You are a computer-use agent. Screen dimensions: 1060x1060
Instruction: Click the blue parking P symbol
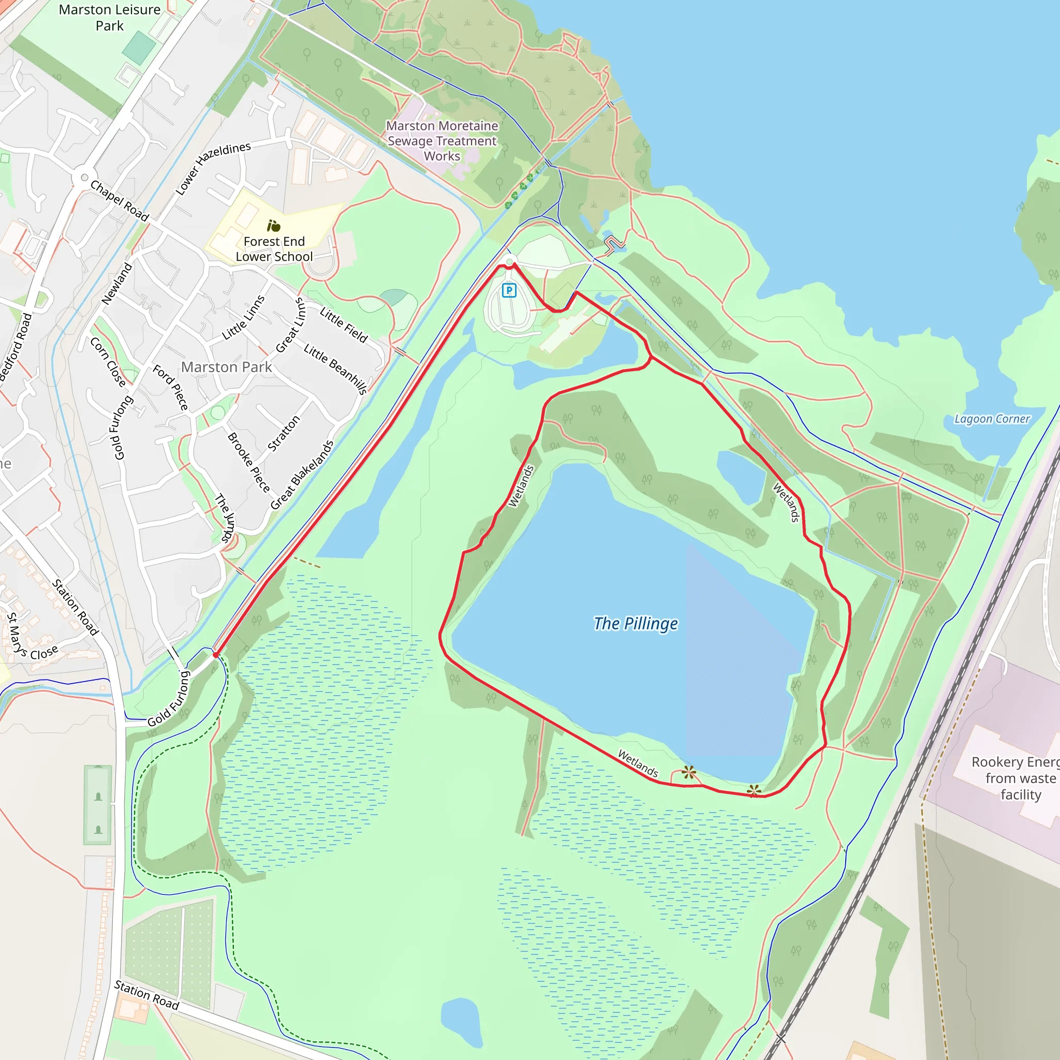pos(509,290)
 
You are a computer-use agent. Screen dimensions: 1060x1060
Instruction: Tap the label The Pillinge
pos(636,623)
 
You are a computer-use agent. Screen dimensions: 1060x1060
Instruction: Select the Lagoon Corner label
pos(992,419)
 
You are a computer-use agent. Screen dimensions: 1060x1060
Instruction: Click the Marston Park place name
pos(227,367)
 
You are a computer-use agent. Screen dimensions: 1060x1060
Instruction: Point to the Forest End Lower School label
pos(274,249)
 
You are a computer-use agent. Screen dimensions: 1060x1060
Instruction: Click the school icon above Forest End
pos(273,226)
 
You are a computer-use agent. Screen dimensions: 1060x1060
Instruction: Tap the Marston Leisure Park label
pos(110,18)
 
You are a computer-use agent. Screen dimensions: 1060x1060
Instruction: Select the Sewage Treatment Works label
pos(442,141)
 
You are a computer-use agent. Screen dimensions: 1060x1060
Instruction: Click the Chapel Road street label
pos(120,201)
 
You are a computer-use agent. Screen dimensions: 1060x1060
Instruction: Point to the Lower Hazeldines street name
pos(213,168)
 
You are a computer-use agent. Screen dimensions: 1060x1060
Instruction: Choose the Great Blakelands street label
pos(302,475)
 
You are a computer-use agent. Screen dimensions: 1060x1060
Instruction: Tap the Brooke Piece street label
pos(248,463)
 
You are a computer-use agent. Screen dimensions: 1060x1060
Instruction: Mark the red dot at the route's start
pos(216,655)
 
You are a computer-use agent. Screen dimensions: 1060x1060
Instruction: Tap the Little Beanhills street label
pos(335,369)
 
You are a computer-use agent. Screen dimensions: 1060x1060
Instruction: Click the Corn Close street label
pos(108,362)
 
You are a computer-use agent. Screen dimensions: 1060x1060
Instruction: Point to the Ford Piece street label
pos(171,387)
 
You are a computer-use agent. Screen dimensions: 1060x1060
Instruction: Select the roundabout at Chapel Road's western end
pos(84,177)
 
